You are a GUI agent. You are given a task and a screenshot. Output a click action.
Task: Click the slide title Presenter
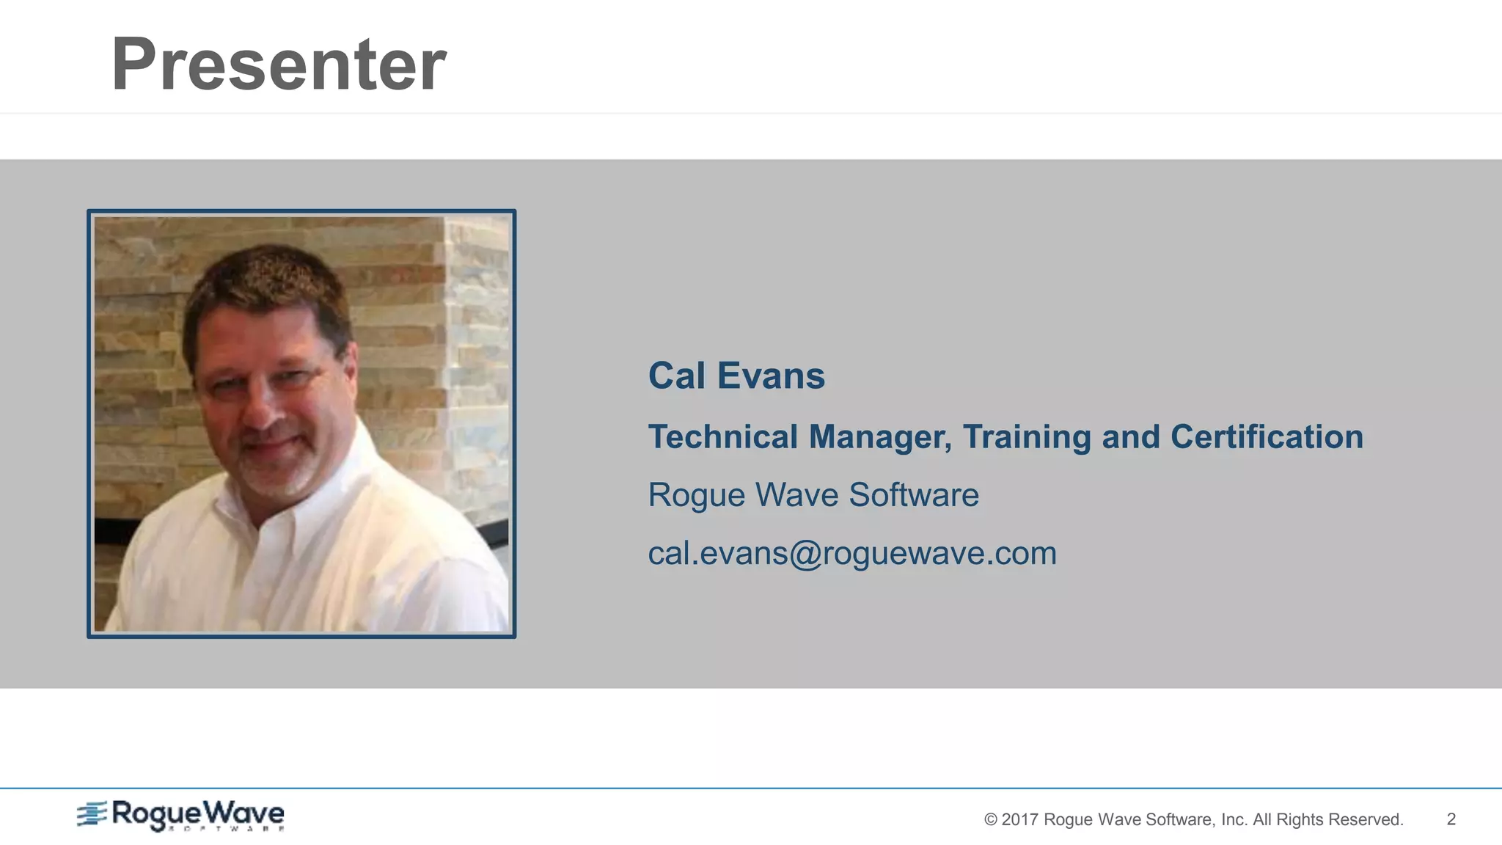[x=278, y=65]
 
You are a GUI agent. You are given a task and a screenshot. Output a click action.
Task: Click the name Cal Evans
[x=736, y=376]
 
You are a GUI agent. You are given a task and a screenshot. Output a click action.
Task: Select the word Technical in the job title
[x=723, y=437]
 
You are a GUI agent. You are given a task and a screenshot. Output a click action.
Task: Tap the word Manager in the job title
[x=879, y=437]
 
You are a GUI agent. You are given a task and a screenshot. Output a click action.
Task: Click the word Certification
[x=1267, y=437]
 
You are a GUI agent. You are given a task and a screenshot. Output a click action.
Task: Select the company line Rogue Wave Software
[x=813, y=495]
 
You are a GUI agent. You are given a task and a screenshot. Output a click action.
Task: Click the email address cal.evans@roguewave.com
[x=852, y=553]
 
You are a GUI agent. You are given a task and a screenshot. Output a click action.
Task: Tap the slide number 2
[x=1451, y=819]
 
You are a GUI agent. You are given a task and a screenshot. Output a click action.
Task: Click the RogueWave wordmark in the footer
[x=197, y=814]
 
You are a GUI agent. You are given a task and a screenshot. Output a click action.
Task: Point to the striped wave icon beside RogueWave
[x=92, y=813]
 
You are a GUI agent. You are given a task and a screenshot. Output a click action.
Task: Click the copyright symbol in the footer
[x=990, y=820]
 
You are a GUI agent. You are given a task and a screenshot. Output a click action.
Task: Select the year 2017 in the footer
[x=1019, y=820]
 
